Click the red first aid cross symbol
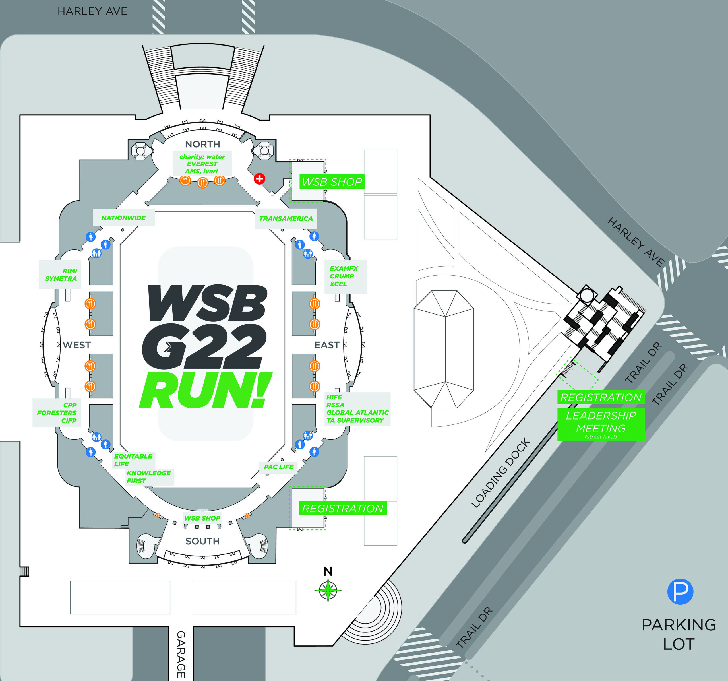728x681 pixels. [x=259, y=179]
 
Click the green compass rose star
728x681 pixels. [x=328, y=590]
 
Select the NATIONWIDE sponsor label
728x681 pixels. [x=123, y=218]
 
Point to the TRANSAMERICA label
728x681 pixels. [x=286, y=219]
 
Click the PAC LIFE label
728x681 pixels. [x=279, y=467]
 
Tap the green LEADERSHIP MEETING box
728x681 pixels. [x=601, y=424]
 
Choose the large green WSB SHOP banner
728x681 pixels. [x=332, y=182]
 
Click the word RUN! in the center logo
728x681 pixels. [x=205, y=390]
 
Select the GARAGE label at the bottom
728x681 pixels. [x=181, y=654]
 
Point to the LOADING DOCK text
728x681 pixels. [x=500, y=472]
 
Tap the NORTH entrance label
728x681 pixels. [x=202, y=144]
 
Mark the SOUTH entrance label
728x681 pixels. [x=202, y=541]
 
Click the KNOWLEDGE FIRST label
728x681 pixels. [x=148, y=476]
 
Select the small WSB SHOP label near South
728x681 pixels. [x=202, y=518]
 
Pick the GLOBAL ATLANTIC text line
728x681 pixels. [x=357, y=412]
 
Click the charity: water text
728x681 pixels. [x=202, y=157]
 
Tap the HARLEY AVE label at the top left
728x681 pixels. [x=92, y=11]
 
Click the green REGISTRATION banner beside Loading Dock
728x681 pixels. [x=601, y=397]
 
